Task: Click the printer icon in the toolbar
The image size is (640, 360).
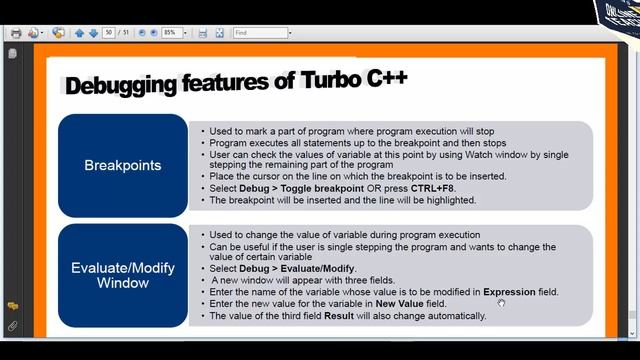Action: [x=15, y=33]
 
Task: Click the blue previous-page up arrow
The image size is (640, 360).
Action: [x=80, y=33]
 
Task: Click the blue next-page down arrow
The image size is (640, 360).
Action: [x=93, y=33]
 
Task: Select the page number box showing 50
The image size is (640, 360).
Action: [x=109, y=33]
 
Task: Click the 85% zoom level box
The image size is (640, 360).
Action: [x=170, y=33]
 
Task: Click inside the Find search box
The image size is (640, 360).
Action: [x=258, y=33]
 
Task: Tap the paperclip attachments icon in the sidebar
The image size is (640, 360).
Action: [x=12, y=326]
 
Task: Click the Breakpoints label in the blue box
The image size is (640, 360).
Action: [x=123, y=165]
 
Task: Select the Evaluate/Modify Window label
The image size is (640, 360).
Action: [x=123, y=275]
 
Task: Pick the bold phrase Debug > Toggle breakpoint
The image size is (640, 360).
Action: [x=294, y=188]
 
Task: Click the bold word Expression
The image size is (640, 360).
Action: [x=510, y=292]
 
